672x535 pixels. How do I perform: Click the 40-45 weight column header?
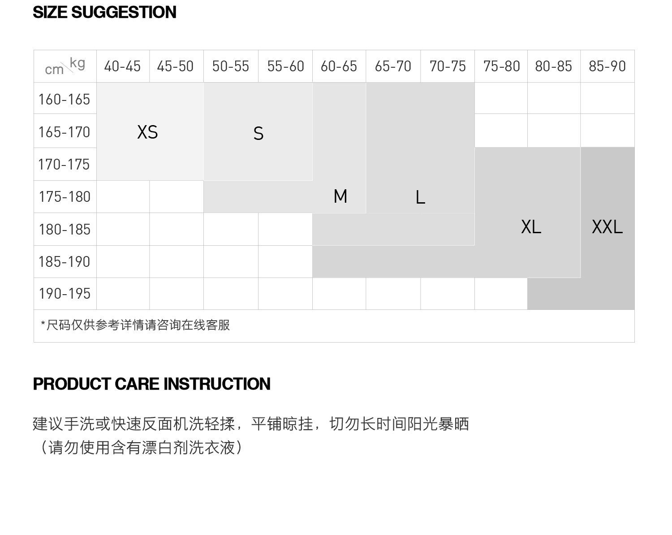pos(122,66)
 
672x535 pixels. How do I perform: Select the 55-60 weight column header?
pos(285,66)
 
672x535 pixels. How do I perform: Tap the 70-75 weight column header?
pos(448,66)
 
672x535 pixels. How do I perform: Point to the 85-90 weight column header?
pos(607,66)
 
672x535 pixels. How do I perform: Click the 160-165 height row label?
pos(65,99)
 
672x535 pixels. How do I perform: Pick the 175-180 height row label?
pos(65,197)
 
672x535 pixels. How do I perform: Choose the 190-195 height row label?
pos(65,294)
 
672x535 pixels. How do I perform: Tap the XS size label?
pos(147,132)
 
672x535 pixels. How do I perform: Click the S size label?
pos(258,134)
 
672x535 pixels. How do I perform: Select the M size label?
pos(340,196)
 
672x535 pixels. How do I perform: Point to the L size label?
pos(420,197)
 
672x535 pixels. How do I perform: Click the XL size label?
pos(531,227)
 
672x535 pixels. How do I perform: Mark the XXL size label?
pos(607,227)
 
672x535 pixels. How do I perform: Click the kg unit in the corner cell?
pos(78,63)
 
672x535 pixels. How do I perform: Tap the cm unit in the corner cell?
pos(54,70)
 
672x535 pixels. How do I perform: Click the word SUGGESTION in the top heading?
pos(124,12)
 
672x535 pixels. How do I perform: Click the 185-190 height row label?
pos(65,261)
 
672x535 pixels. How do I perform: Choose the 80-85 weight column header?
pos(553,66)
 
